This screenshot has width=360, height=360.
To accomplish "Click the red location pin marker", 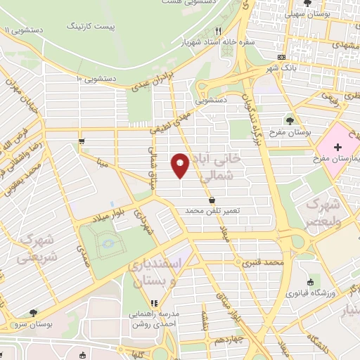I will click(x=181, y=165).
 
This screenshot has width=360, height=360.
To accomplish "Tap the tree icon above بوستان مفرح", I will click(x=290, y=121).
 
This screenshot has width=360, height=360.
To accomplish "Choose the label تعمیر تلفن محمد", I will click(x=212, y=210).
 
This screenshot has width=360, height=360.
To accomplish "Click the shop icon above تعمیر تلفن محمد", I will click(x=212, y=200).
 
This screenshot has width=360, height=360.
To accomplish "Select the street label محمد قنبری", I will click(x=263, y=264).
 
